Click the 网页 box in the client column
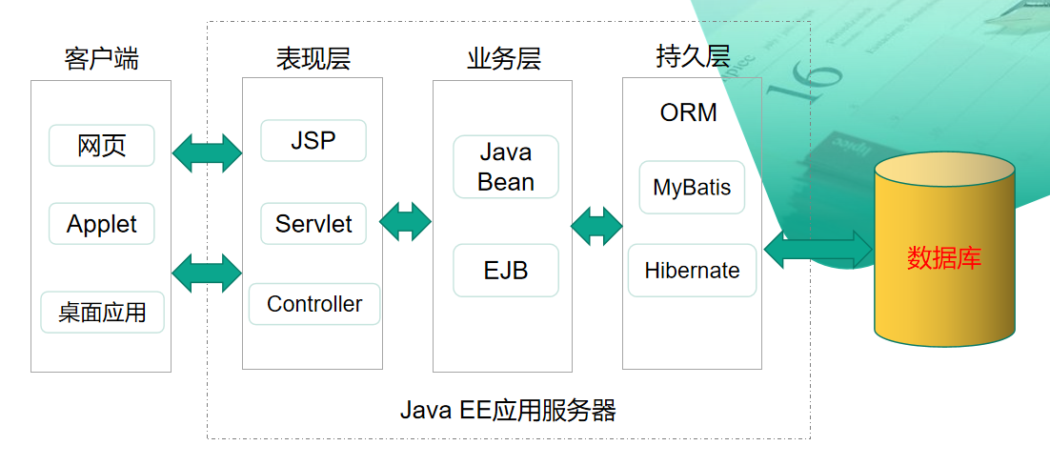coord(102,146)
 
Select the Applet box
coord(102,224)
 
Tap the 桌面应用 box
coord(102,312)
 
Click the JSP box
coord(313,141)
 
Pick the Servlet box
coord(313,224)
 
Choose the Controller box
coord(314,304)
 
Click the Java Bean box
coord(505,167)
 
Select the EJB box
coord(505,271)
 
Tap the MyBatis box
coord(692,187)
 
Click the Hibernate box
coord(692,271)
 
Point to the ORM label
coord(688,112)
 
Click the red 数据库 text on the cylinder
coord(943,258)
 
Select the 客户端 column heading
coord(101,59)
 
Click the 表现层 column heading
coord(313,59)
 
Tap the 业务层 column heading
coord(504,59)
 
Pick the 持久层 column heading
coord(693,57)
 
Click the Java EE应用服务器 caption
coord(508,411)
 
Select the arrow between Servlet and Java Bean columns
coord(406,221)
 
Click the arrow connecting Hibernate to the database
coord(818,250)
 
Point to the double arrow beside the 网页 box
coord(207,152)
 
